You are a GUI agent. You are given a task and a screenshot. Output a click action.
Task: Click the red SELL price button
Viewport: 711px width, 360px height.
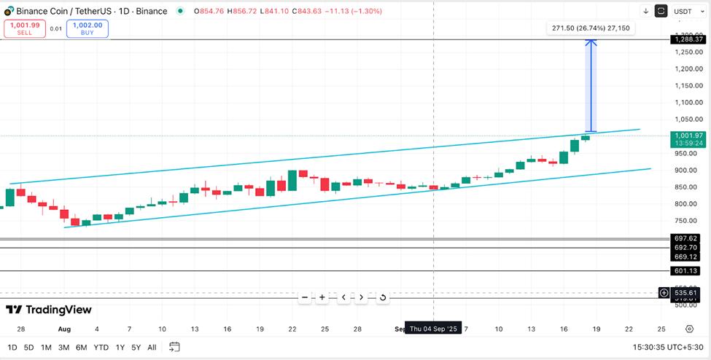24,28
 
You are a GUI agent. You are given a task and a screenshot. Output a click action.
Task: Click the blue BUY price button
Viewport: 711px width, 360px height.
87,28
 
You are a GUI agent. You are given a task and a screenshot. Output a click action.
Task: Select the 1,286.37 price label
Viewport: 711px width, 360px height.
688,40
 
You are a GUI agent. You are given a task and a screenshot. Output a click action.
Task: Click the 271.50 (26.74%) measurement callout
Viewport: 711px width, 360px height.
591,28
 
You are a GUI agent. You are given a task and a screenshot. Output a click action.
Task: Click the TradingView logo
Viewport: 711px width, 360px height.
49,310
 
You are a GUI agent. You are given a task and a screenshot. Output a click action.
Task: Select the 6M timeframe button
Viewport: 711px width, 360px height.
81,347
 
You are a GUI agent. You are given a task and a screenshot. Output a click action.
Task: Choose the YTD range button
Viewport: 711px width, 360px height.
101,347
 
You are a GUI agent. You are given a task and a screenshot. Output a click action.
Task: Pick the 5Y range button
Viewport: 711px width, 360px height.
136,347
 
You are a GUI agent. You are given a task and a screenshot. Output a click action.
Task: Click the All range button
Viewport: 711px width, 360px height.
152,347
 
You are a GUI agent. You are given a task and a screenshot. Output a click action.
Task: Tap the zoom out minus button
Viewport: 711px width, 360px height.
305,297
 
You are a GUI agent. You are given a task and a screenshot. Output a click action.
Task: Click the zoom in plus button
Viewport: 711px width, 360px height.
322,297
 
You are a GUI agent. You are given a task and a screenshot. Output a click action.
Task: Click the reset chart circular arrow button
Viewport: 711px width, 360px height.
383,297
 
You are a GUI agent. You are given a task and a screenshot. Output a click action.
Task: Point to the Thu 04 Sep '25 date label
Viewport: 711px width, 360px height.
433,329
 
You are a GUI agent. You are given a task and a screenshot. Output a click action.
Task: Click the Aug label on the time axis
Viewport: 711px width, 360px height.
64,329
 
